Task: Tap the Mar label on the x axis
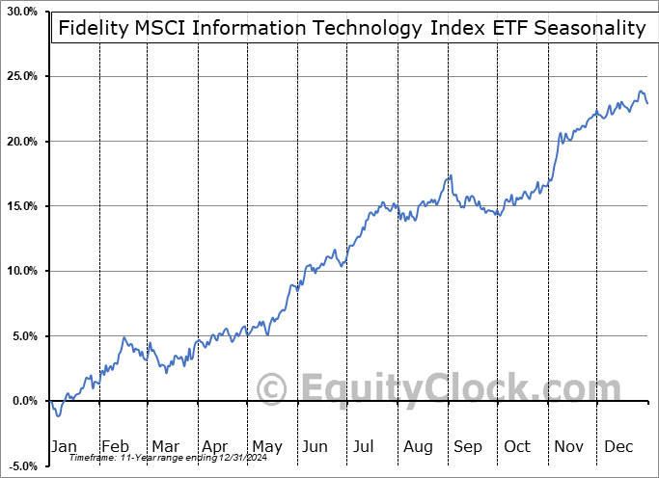(165, 446)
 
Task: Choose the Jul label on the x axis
(364, 446)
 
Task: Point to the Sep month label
(467, 446)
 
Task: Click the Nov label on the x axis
(567, 446)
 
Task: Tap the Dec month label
(618, 446)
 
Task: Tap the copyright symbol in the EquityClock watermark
(272, 389)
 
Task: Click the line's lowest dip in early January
(58, 415)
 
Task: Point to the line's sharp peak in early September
(450, 175)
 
